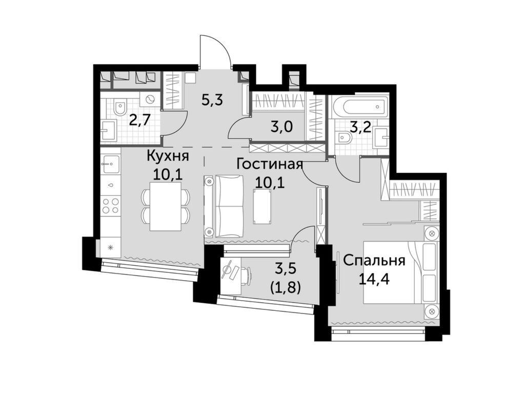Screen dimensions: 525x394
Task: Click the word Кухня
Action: [x=168, y=157]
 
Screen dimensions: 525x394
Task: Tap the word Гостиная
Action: [x=270, y=165]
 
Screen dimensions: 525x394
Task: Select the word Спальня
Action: [x=374, y=261]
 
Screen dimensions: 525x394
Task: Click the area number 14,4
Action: [x=374, y=279]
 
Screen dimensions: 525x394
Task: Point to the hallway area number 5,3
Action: [x=212, y=100]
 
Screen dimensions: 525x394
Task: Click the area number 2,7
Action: [x=140, y=119]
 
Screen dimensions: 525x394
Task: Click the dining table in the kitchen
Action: [x=166, y=206]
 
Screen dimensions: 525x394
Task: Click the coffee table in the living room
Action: [x=263, y=206]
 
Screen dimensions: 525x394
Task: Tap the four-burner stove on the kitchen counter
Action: [x=111, y=205]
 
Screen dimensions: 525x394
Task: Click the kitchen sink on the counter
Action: [x=111, y=164]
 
